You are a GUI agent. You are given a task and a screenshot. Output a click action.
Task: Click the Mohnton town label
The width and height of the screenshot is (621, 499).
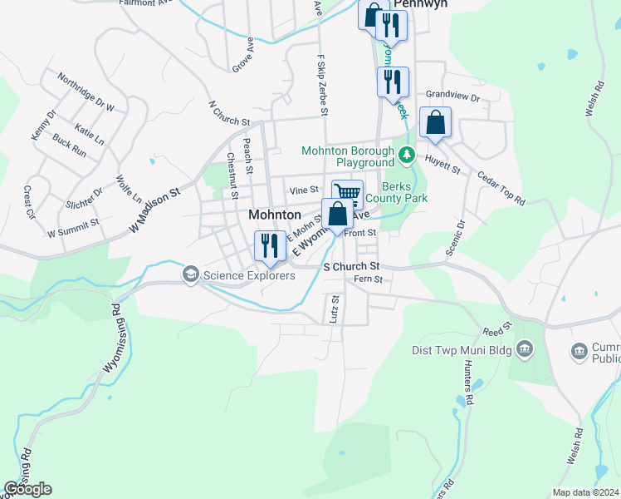point(274,215)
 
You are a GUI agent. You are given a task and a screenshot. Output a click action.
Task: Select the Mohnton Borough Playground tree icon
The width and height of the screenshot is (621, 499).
point(406,154)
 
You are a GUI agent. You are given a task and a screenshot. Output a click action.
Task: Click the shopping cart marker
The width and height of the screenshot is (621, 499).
point(347,194)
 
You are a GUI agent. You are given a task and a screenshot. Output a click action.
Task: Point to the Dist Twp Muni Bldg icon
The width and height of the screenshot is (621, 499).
point(524,348)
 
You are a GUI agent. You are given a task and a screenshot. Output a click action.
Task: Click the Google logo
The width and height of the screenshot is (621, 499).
point(27,489)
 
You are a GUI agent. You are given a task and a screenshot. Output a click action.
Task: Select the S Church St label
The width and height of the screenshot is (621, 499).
point(351,266)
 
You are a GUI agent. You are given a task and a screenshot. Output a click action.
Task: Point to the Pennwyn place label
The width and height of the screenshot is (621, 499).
point(420,4)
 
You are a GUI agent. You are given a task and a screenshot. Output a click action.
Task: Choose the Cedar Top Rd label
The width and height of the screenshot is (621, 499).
point(501,189)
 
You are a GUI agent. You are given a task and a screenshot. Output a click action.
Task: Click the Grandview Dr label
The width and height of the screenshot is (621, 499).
point(452,97)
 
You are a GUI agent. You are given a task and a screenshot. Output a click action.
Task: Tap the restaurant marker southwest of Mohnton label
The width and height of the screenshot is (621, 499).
point(268,245)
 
